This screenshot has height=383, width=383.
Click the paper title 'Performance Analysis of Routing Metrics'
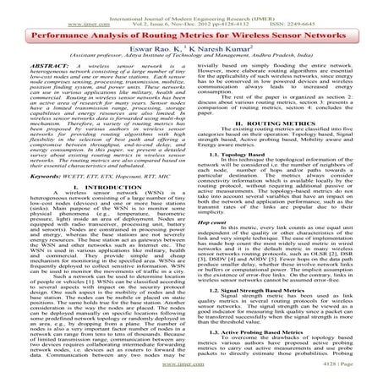191,38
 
